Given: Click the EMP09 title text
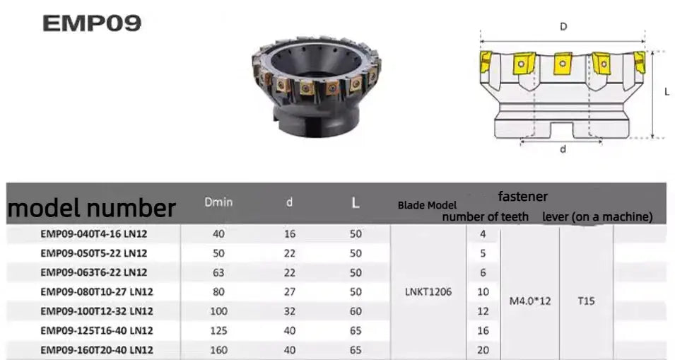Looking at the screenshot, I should coord(92,23).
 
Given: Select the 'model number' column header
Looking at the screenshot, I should coord(91,208).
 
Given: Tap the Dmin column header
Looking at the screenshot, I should coord(218,202).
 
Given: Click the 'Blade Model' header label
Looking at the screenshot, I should coord(427,205).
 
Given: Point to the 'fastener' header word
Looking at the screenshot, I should coord(522,196).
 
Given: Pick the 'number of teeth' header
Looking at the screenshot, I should coord(485,216).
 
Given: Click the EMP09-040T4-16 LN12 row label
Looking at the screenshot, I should coord(93,233).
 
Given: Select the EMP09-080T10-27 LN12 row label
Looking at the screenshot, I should coord(96,291).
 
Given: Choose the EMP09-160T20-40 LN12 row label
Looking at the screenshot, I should coord(96,349).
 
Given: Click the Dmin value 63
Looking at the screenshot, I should coord(218,272).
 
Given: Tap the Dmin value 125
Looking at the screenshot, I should coord(218,330).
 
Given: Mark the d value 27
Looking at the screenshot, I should coord(289,291).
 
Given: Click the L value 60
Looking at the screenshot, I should coord(356,310).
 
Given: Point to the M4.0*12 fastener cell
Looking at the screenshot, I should coord(529,301).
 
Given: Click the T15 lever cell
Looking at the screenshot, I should coord(586,301).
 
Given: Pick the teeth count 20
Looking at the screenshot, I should coord(483,349).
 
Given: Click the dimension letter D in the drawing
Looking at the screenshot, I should coord(563,26).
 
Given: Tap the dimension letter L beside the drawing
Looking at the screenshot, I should coord(667,92).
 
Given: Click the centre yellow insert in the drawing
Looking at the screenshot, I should coord(563,63).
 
